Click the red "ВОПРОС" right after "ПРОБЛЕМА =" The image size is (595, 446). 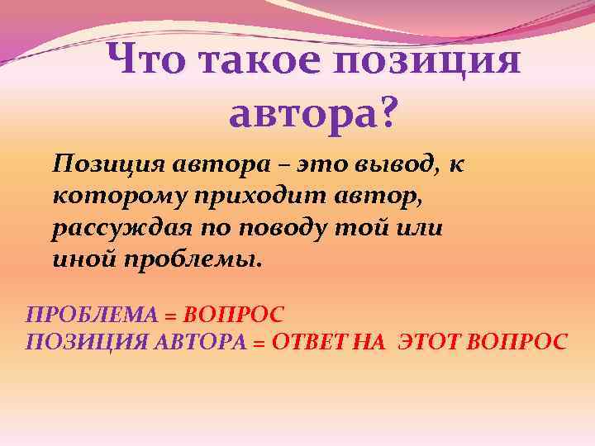[x=234, y=315]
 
